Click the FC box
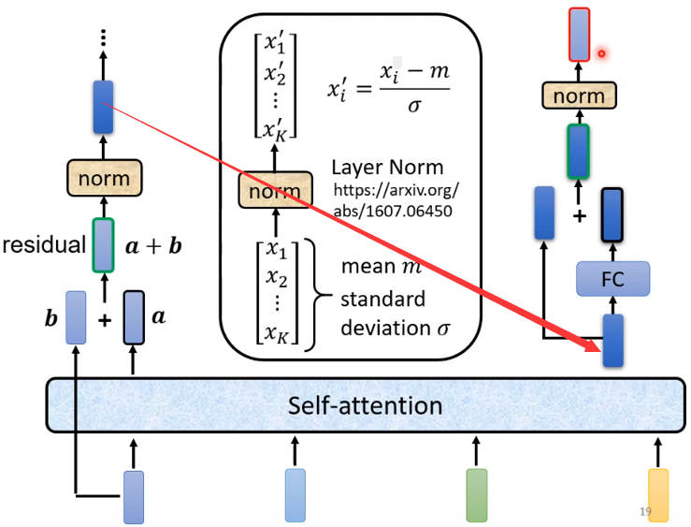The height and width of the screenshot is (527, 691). (612, 278)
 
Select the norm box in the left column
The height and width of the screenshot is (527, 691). (104, 177)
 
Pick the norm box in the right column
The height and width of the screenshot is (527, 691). (579, 95)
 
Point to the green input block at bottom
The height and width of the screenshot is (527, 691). (477, 495)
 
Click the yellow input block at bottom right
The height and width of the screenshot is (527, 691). (657, 495)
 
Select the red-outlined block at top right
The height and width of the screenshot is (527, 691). (579, 35)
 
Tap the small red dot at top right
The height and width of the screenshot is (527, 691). (602, 53)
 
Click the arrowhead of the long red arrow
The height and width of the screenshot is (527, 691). (594, 348)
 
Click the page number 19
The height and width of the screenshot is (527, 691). (645, 511)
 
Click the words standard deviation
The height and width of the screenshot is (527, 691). (383, 315)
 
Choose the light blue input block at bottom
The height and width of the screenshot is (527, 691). (295, 495)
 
